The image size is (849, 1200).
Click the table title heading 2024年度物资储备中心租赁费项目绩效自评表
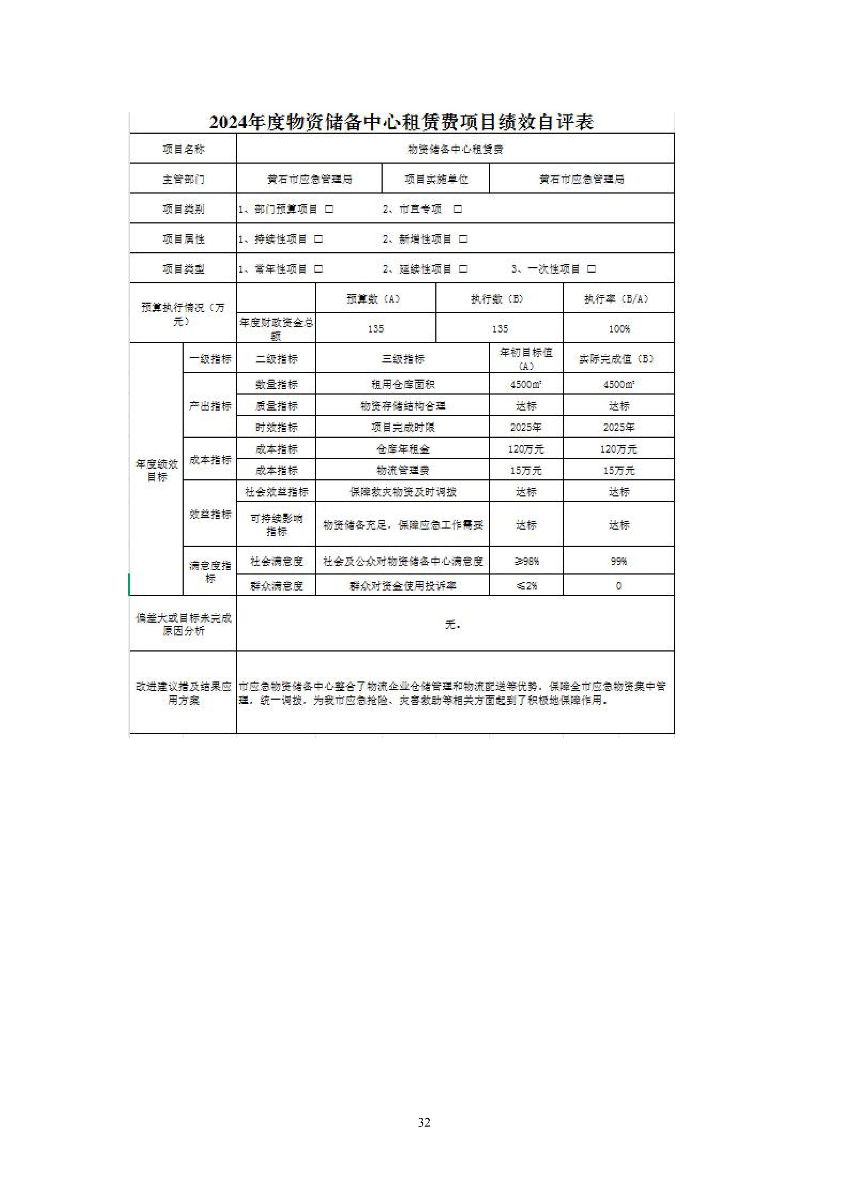[x=402, y=122]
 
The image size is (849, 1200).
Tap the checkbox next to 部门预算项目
[x=329, y=209]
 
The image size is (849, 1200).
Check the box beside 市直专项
[x=457, y=209]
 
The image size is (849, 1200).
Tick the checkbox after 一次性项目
[x=591, y=269]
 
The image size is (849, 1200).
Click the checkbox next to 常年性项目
[x=318, y=269]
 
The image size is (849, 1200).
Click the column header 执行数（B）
[x=499, y=299]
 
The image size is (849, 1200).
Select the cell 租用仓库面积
[x=403, y=384]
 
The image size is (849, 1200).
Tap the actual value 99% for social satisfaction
[x=618, y=561]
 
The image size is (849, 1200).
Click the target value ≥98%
[x=526, y=561]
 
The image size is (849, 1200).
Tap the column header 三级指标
[x=403, y=359]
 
